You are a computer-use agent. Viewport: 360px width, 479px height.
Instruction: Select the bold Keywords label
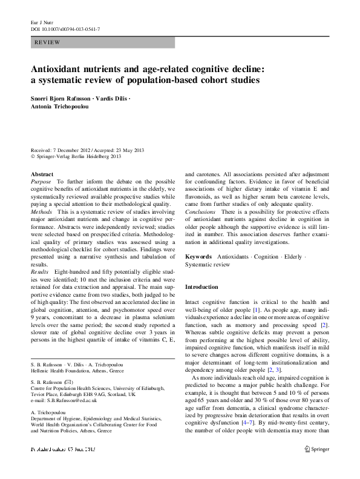click(199, 257)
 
